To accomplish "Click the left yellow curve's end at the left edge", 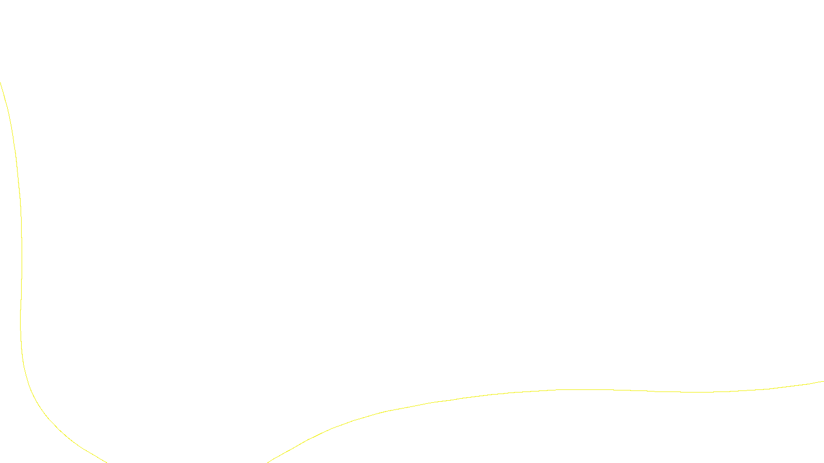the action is click(1, 83).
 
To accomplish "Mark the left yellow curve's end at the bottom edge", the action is click(106, 462).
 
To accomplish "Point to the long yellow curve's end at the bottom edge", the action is click(268, 462).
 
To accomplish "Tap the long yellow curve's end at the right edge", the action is click(823, 381).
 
